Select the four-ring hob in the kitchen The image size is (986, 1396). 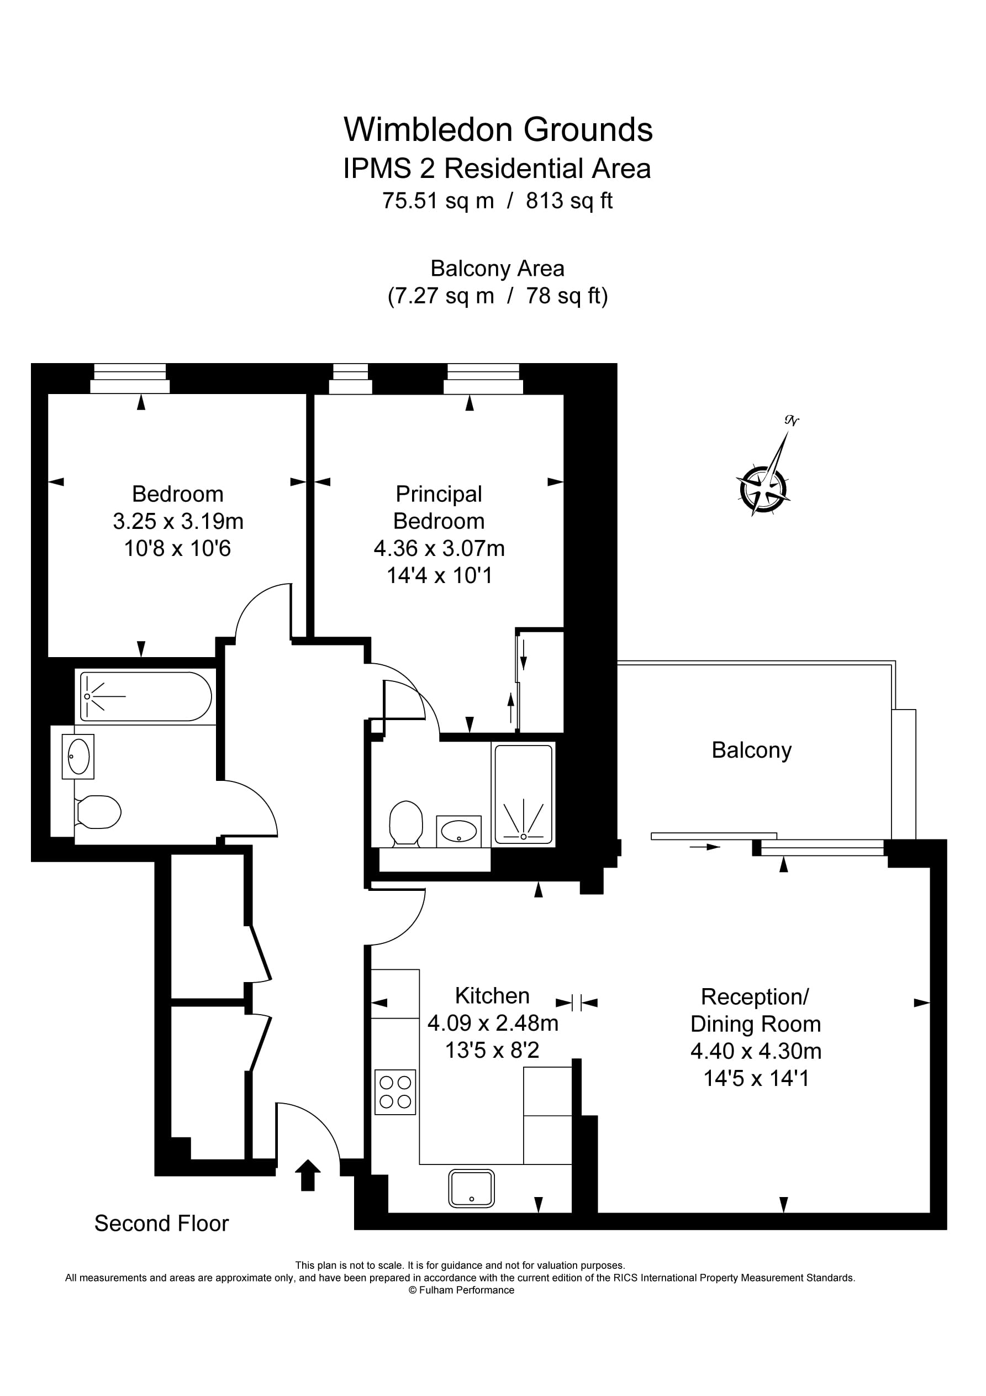point(395,1092)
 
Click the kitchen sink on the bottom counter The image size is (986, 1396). point(471,1188)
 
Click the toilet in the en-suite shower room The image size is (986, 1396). point(406,822)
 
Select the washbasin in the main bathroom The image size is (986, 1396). point(78,757)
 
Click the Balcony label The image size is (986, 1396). point(751,751)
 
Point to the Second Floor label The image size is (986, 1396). point(161,1224)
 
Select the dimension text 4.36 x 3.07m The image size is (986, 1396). point(439,548)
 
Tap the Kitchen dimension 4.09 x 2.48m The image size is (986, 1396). point(492,1024)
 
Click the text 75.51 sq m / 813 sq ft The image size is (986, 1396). point(497,201)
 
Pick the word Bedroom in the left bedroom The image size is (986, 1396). point(177,494)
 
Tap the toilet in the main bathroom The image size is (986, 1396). point(98,812)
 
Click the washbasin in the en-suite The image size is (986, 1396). point(458,831)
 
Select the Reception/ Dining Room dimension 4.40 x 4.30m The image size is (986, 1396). point(756,1051)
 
